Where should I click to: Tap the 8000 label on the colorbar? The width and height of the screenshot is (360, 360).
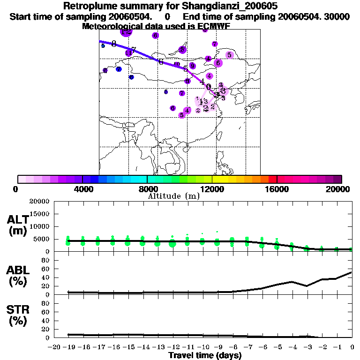[147, 189]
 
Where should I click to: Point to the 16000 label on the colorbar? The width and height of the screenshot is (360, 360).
[277, 189]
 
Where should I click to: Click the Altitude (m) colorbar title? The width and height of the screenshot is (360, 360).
[173, 196]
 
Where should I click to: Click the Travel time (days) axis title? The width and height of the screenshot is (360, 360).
[205, 356]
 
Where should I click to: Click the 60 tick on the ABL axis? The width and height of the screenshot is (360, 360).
[45, 277]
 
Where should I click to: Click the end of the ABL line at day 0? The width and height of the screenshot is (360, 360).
[352, 272]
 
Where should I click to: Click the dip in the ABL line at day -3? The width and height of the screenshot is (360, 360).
[307, 286]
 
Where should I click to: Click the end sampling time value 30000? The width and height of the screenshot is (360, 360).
[338, 16]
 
